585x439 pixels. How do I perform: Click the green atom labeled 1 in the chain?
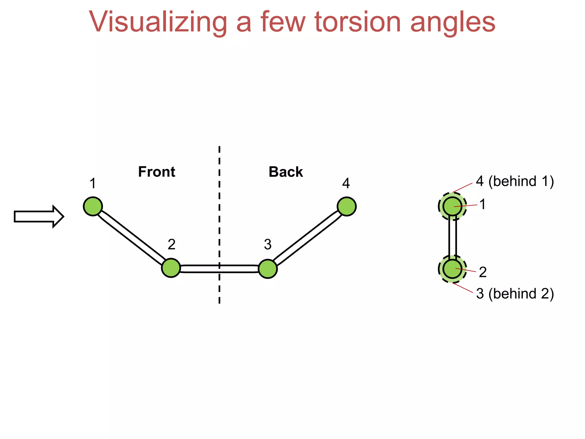click(93, 206)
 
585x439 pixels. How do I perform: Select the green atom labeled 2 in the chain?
click(171, 268)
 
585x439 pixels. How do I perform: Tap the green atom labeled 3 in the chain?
click(268, 269)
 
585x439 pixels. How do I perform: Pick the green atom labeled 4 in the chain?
click(346, 206)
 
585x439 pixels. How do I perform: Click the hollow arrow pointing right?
click(39, 217)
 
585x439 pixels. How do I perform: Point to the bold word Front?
click(157, 172)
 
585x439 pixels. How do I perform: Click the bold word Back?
click(286, 172)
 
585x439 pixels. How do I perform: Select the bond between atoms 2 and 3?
click(219, 269)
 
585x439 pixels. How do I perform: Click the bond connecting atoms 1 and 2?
click(131, 237)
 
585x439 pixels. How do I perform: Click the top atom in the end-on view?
click(452, 206)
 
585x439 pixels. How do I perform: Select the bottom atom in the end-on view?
click(452, 269)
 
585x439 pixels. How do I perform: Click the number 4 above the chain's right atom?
click(346, 183)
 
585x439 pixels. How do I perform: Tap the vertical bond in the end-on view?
click(452, 237)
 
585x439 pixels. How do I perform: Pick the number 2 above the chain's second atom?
click(171, 244)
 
